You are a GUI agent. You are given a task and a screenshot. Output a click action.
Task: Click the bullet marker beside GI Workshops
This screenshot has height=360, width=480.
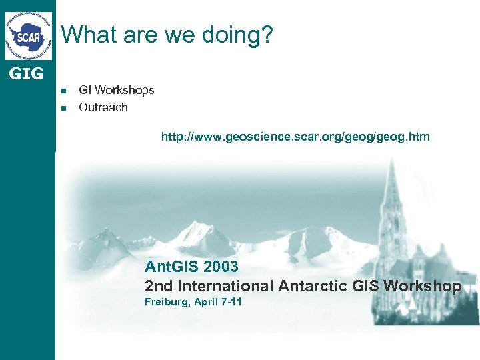pos(64,91)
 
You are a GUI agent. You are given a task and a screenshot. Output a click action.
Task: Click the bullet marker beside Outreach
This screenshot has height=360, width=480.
pos(64,108)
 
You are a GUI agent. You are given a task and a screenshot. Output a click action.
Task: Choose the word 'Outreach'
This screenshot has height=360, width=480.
pos(103,107)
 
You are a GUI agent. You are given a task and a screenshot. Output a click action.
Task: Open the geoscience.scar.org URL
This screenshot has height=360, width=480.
pos(295,137)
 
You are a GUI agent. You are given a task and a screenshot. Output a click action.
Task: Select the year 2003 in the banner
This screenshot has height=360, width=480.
pos(221,267)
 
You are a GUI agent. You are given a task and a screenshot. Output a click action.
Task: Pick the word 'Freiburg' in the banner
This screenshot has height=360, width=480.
pos(165,302)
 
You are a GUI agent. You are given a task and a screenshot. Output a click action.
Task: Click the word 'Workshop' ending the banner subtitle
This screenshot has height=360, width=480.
pos(422,286)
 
